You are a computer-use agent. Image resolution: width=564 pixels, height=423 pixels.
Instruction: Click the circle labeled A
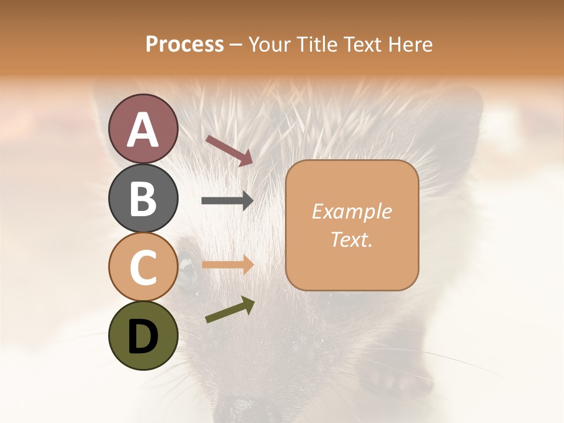pos(143,129)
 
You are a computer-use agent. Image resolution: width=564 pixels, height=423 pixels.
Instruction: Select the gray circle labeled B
pos(143,198)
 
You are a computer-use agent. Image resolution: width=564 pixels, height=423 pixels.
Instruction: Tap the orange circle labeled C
pos(143,267)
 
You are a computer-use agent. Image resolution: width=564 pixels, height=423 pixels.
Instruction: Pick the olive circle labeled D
pos(143,335)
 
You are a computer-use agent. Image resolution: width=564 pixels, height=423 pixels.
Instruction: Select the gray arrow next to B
pos(227,201)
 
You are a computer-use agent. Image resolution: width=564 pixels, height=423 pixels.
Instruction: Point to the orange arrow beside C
pos(227,265)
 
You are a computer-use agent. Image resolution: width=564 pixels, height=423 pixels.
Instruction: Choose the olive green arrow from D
pos(230,310)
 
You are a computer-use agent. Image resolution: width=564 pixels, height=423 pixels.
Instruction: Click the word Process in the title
pos(184,45)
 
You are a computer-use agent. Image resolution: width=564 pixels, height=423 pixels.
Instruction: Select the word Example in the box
pos(351,211)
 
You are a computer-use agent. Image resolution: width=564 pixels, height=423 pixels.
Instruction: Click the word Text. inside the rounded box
pos(351,239)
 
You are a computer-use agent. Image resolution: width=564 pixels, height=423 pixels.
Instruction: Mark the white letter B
pos(143,198)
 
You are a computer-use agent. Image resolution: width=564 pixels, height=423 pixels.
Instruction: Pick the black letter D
pos(143,336)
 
